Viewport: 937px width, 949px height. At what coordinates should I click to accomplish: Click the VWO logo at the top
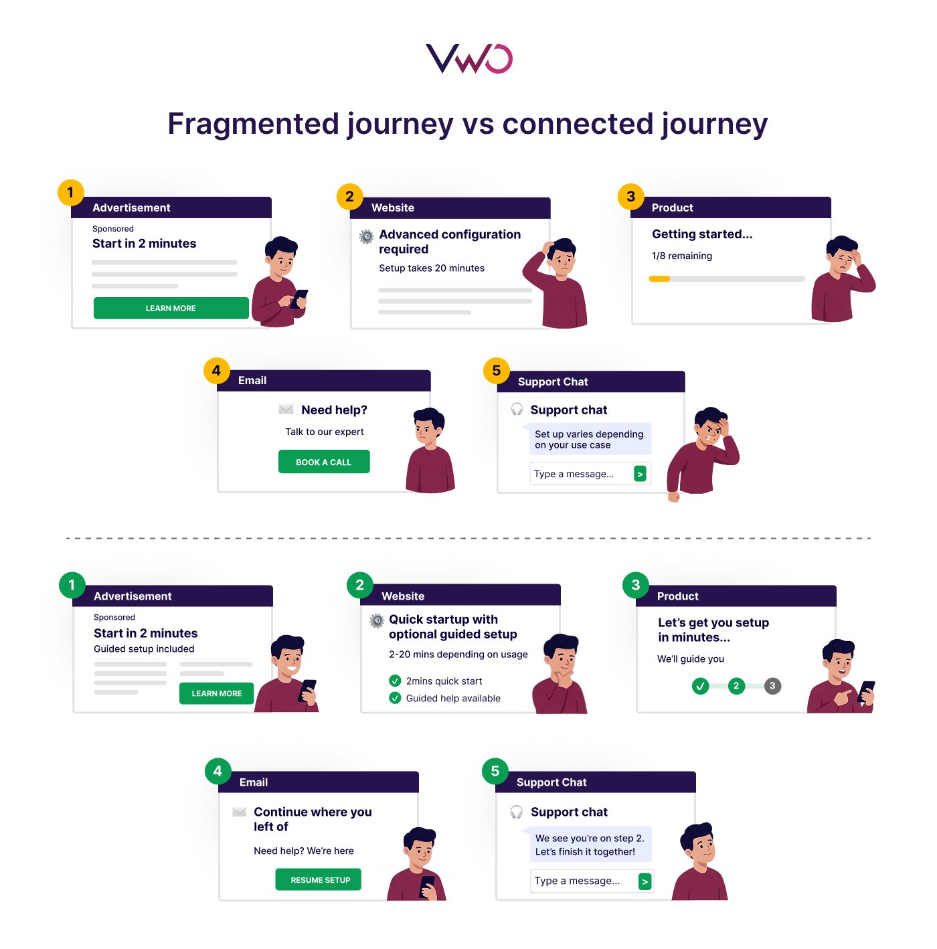(x=468, y=59)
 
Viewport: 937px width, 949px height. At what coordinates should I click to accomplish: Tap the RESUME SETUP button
(x=318, y=879)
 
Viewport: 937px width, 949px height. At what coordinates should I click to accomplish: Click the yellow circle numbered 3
(x=630, y=196)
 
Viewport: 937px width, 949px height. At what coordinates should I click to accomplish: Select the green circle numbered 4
(x=218, y=771)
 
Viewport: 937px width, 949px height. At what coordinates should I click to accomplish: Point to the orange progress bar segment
(x=659, y=279)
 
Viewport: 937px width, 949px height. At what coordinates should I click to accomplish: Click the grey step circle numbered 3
(x=772, y=685)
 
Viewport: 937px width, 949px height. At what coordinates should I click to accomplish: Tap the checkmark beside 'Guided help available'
(x=395, y=698)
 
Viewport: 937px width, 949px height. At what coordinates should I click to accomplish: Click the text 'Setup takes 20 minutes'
(x=431, y=268)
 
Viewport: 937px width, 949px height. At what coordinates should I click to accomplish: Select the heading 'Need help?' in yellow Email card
(x=334, y=410)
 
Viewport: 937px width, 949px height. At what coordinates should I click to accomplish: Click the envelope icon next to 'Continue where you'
(x=239, y=812)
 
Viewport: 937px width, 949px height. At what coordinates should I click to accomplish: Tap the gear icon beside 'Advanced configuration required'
(x=366, y=236)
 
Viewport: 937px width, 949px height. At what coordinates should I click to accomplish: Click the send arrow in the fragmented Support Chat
(x=640, y=474)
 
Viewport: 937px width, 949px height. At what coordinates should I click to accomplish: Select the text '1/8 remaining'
(x=681, y=256)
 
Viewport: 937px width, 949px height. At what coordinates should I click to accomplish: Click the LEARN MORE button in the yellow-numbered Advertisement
(x=171, y=308)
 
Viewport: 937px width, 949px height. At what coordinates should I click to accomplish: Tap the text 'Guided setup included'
(x=144, y=649)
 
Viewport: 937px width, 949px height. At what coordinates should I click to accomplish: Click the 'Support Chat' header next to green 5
(x=551, y=782)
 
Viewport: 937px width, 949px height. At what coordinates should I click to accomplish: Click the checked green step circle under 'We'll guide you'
(x=700, y=685)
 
